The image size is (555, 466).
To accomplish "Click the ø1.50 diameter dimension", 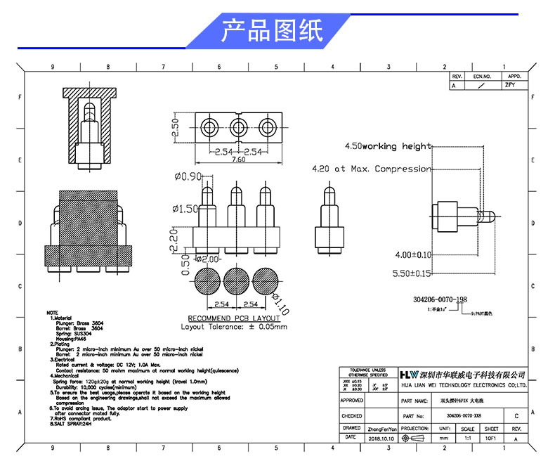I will (186, 209).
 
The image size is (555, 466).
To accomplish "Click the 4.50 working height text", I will (387, 146).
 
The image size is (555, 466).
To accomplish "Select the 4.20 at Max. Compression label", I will (371, 169).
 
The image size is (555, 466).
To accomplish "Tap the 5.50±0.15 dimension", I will (412, 273).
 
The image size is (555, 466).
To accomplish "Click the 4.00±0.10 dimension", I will (413, 254).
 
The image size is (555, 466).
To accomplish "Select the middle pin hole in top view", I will (237, 127).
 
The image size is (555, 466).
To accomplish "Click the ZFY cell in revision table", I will (509, 84).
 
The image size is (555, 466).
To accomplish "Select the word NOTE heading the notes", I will (53, 312).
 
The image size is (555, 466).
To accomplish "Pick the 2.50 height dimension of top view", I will (176, 127).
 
